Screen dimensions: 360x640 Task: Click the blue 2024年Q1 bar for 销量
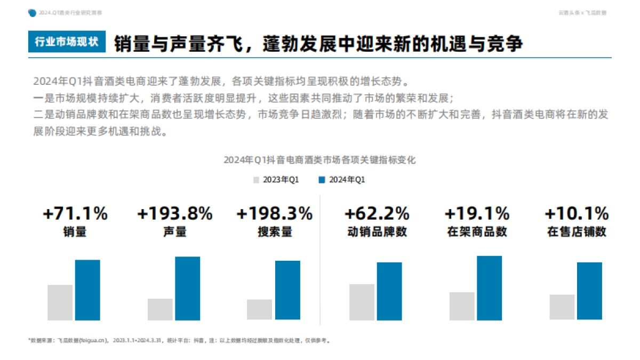tap(87, 290)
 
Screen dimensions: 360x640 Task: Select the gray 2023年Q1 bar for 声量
tap(160, 309)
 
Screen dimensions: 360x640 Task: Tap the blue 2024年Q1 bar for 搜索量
tap(287, 290)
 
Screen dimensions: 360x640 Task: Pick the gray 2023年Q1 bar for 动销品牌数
tap(362, 302)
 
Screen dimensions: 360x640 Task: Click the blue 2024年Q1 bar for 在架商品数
tap(489, 288)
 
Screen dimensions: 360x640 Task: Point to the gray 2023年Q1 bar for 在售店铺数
tap(562, 307)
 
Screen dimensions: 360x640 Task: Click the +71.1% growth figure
tap(75, 214)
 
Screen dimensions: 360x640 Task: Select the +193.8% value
tap(174, 214)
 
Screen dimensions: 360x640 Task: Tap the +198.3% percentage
tap(274, 214)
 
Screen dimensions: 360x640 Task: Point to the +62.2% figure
tap(377, 214)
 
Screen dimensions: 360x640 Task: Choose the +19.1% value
tap(477, 214)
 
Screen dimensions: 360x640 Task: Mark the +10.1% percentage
tap(577, 214)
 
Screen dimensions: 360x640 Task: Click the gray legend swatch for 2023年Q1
tap(257, 180)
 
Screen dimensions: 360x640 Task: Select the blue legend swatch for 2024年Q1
tap(322, 180)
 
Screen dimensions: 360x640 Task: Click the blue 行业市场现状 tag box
tap(67, 43)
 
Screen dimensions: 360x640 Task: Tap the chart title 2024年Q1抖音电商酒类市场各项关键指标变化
tap(319, 159)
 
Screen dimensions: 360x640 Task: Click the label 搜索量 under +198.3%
tap(274, 232)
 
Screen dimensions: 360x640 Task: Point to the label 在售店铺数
tap(577, 232)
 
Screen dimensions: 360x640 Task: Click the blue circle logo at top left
tap(33, 13)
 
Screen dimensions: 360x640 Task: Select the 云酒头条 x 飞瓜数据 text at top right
tap(582, 13)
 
